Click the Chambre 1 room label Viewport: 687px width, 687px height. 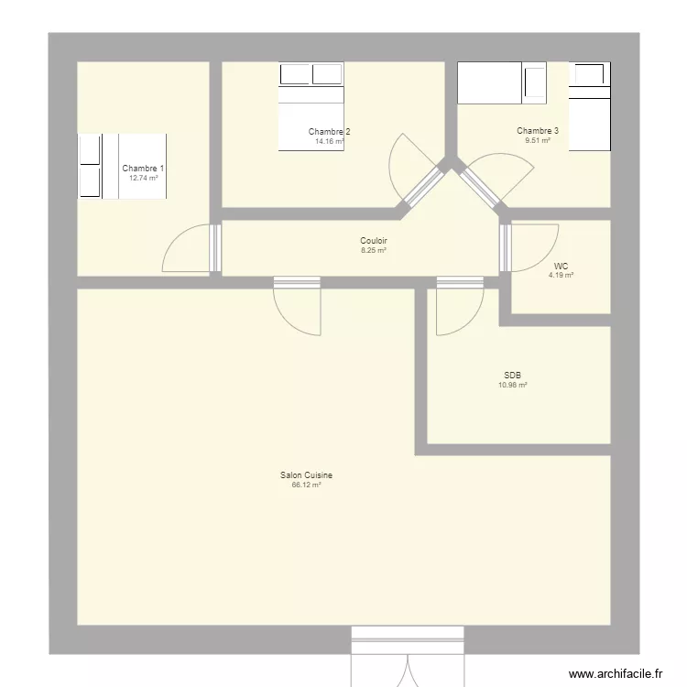(143, 169)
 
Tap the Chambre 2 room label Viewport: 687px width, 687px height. (329, 131)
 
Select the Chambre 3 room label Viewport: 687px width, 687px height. (538, 131)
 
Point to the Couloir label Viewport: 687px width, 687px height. (374, 241)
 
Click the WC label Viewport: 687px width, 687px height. (561, 266)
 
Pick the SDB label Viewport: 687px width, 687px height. (512, 375)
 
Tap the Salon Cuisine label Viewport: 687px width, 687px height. (306, 474)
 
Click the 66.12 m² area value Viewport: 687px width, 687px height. (306, 485)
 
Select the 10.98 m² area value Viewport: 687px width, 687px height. (513, 385)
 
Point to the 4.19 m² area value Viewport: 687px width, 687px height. (561, 275)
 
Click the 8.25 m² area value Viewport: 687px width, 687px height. (374, 251)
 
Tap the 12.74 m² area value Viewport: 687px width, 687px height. (143, 179)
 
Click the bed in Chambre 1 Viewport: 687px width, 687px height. (122, 167)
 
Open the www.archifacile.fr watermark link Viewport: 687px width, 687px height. (616, 673)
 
